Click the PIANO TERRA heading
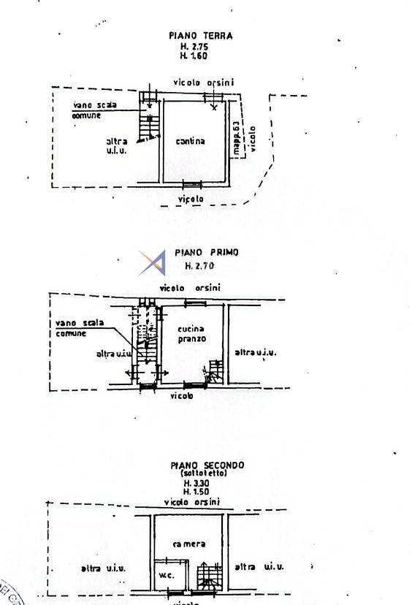tap(200, 35)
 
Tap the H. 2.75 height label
tap(194, 46)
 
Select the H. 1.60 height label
tap(194, 56)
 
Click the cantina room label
tap(191, 141)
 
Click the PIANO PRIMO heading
tap(206, 253)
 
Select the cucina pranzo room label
tap(192, 335)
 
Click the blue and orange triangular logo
tap(153, 262)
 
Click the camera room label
tap(188, 544)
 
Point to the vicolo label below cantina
tap(191, 199)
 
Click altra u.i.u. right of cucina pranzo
tap(255, 353)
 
